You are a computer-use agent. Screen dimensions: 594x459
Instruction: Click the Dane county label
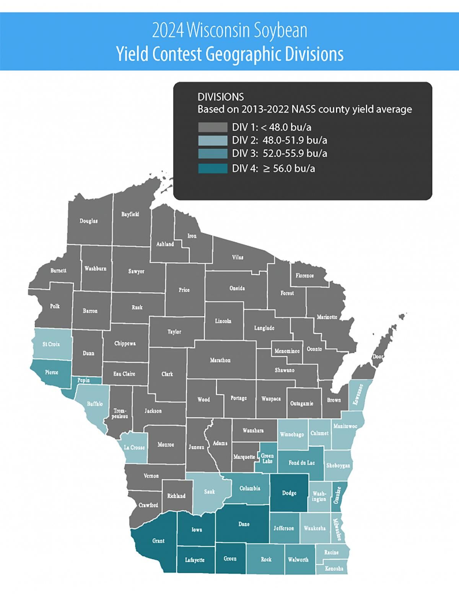(244, 524)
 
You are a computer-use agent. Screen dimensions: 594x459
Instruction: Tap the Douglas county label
(88, 221)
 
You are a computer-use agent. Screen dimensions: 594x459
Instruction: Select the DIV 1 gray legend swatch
(213, 127)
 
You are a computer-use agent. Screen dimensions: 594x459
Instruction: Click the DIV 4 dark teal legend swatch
(213, 168)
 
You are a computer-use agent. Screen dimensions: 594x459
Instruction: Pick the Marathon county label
(220, 360)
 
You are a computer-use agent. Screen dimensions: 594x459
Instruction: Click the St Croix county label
(51, 344)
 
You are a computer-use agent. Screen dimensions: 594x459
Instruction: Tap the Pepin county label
(83, 380)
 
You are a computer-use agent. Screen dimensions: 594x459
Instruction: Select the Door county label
(378, 356)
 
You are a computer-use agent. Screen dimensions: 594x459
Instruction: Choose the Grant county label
(158, 540)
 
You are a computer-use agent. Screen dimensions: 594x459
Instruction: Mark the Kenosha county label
(334, 568)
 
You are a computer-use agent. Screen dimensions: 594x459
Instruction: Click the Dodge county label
(289, 493)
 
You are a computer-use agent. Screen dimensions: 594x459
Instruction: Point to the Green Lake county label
(267, 458)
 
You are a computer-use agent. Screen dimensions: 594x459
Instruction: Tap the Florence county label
(304, 275)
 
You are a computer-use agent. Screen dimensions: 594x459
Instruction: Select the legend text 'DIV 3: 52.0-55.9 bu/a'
(279, 153)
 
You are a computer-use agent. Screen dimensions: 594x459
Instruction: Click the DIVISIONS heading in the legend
(220, 97)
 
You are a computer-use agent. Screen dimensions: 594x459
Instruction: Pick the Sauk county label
(209, 491)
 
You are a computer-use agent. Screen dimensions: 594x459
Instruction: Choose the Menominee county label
(287, 351)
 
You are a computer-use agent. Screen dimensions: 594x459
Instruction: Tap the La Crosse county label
(134, 447)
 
